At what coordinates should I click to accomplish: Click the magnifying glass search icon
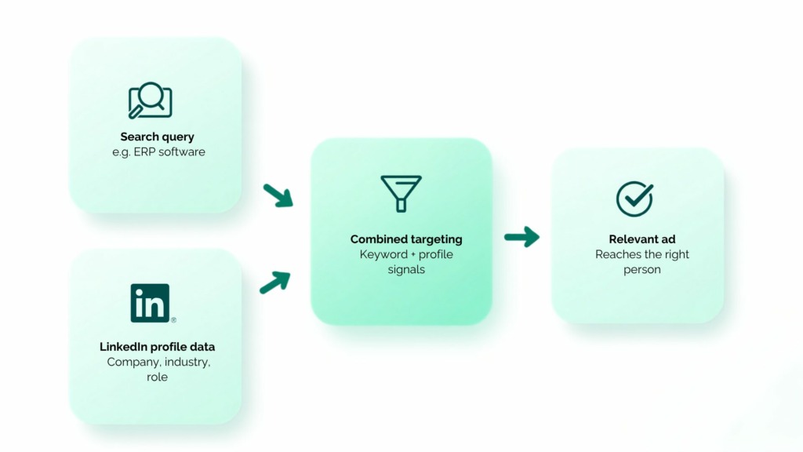point(150,100)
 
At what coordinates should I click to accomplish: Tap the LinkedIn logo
point(150,303)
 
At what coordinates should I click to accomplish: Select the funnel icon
point(401,193)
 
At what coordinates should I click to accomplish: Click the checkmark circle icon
point(634,199)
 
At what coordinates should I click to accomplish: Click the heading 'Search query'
point(157,137)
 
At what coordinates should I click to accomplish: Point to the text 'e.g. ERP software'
point(158,151)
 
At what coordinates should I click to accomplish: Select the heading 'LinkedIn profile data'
point(157,347)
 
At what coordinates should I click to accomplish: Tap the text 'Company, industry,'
point(158,363)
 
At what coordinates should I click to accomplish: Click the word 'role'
point(157,377)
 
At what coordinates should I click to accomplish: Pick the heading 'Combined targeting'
point(406,239)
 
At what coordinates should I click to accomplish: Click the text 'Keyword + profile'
point(406,255)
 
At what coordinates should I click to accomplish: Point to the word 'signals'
point(406,270)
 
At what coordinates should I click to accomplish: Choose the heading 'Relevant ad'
point(642,239)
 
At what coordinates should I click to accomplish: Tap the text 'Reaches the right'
point(642,255)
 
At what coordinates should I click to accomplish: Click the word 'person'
point(642,270)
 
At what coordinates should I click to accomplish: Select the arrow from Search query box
point(278,195)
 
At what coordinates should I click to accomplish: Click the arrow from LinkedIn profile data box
point(275,282)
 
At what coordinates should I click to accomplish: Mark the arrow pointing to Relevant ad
point(521,237)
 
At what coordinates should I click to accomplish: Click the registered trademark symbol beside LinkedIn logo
point(173,320)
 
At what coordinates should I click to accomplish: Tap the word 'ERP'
point(143,151)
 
